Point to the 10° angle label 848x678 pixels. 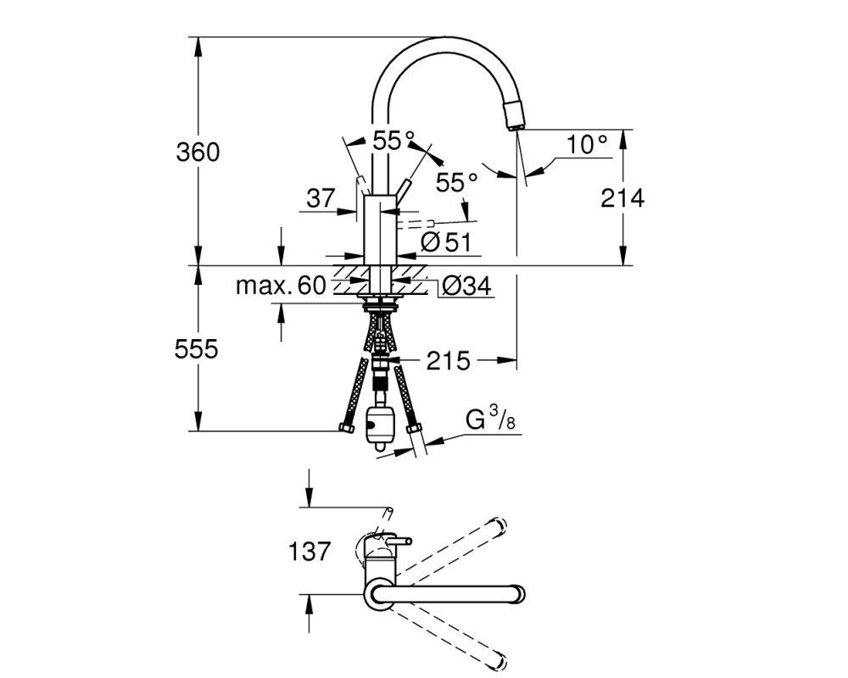(587, 144)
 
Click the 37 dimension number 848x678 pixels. (321, 197)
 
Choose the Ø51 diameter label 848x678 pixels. (446, 242)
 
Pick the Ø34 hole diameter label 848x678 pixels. (466, 285)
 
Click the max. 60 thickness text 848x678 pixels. (282, 285)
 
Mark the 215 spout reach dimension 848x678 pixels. (449, 361)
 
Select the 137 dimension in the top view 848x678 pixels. (309, 552)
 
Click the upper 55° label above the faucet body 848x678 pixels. (393, 141)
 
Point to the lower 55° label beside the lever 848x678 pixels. (457, 182)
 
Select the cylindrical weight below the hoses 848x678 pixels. (380, 425)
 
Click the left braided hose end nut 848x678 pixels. (346, 428)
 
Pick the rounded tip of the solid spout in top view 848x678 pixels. (519, 594)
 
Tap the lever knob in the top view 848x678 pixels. (405, 541)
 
